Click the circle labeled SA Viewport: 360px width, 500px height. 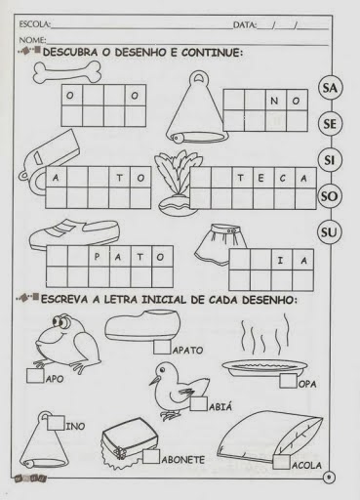pos(330,88)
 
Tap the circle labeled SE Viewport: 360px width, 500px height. pos(330,124)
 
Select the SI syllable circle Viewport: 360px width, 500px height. pos(330,160)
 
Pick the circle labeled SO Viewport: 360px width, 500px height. pos(330,196)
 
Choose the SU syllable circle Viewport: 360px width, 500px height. pos(329,232)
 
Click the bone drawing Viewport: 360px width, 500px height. pos(67,72)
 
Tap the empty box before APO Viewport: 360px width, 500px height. pos(35,375)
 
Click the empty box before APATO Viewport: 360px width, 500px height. pos(162,347)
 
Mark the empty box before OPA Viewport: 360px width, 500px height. pos(288,380)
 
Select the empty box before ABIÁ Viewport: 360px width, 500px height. pos(199,403)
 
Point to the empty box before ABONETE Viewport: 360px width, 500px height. pos(151,456)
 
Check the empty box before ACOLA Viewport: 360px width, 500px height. pos(281,462)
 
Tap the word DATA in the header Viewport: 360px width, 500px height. pos(245,24)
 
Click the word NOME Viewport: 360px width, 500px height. pos(32,40)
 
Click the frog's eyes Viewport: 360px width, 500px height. pos(62,321)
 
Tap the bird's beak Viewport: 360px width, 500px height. pos(154,381)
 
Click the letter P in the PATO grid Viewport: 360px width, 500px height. pos(97,257)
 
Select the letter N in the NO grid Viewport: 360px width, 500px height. pos(274,101)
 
